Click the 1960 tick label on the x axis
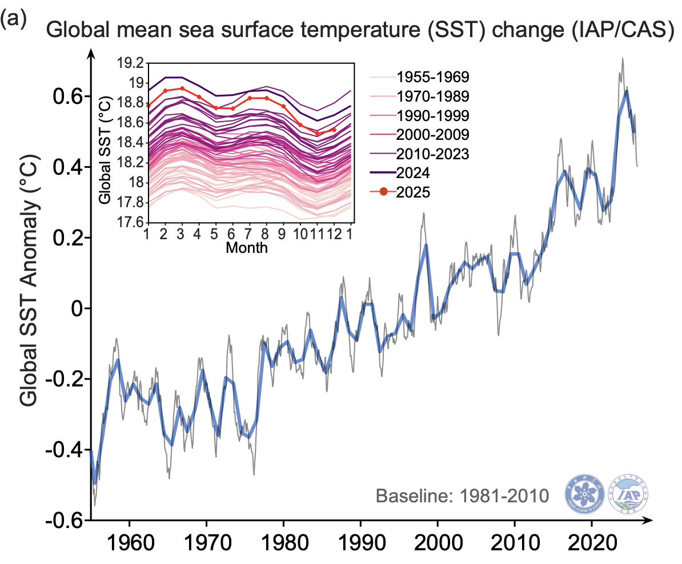(x=130, y=540)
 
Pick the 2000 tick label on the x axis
(x=438, y=540)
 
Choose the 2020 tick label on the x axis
(x=592, y=540)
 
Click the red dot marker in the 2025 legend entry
(x=383, y=192)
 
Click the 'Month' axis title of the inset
(x=247, y=248)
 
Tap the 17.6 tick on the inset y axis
(x=129, y=222)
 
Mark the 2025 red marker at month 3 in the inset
(x=182, y=88)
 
